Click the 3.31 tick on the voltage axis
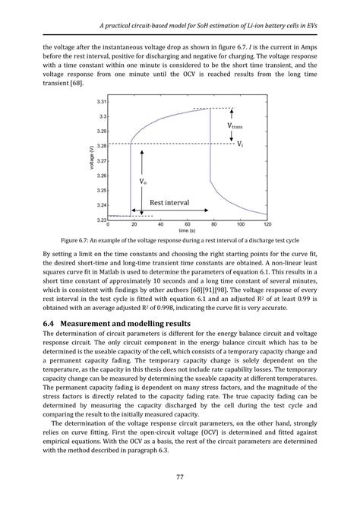pos(102,102)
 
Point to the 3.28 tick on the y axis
pos(102,146)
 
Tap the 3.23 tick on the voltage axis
pos(102,219)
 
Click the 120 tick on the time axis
pos(267,225)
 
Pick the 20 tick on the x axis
pos(134,225)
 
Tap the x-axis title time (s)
pos(187,231)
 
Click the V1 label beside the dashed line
pos(240,144)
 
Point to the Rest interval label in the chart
pos(169,203)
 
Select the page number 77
pos(180,478)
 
